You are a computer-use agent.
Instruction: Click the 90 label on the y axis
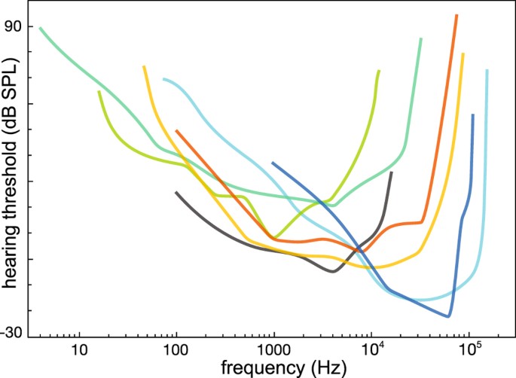point(14,26)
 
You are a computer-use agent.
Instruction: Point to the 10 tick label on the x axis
point(78,349)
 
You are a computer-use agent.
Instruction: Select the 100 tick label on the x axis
point(176,349)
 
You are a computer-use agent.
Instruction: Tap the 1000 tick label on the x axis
point(273,349)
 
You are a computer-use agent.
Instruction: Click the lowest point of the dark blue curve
point(449,316)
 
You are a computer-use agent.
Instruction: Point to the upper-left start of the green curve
point(40,28)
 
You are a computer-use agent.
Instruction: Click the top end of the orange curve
point(456,16)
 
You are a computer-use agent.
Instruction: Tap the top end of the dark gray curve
point(391,173)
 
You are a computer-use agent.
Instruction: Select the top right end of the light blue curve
point(487,71)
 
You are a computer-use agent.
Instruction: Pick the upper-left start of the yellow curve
point(144,66)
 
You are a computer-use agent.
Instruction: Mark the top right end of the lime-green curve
point(379,71)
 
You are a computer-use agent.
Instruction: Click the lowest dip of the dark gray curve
point(332,271)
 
